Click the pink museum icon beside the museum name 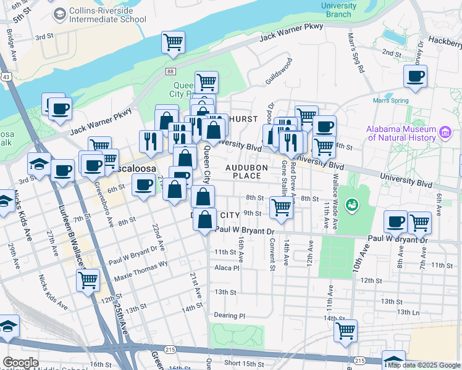click(x=444, y=132)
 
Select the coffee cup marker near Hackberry click(x=415, y=77)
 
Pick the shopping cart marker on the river click(x=173, y=43)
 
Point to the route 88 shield click(x=169, y=72)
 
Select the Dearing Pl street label click(x=229, y=315)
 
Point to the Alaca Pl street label click(x=226, y=268)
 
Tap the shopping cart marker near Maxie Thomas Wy click(x=88, y=280)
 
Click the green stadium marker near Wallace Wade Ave click(x=352, y=203)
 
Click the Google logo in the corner click(x=20, y=363)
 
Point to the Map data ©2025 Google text click(x=423, y=365)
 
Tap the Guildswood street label click(x=279, y=71)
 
